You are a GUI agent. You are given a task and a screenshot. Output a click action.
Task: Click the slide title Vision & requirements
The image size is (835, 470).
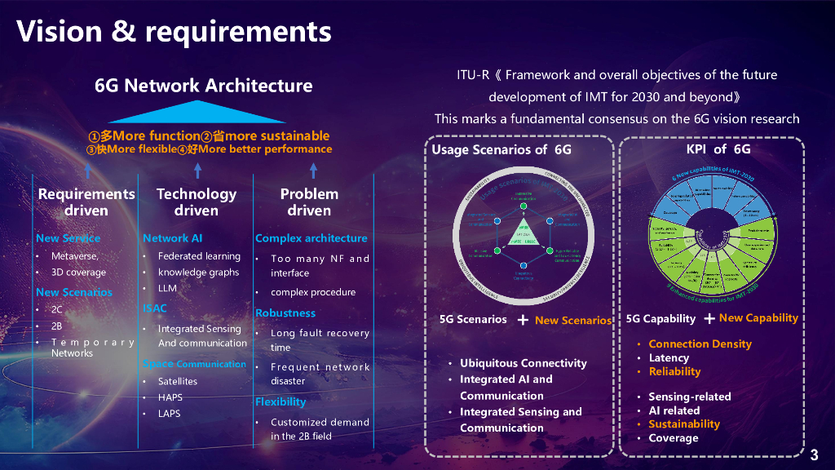(174, 31)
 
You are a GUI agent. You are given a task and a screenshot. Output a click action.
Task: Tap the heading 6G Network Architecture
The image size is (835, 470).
(203, 86)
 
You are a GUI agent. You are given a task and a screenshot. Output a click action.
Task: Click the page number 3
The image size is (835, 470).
(814, 454)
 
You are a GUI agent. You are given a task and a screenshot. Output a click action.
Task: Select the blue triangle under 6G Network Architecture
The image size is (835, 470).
(197, 112)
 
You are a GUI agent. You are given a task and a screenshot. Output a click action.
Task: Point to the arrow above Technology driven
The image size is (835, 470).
(197, 170)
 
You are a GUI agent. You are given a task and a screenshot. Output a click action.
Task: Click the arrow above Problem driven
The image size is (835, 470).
(313, 170)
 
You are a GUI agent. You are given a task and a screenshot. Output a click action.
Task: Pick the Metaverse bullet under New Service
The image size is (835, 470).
(74, 256)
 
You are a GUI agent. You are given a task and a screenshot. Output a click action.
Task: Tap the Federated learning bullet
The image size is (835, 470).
(199, 256)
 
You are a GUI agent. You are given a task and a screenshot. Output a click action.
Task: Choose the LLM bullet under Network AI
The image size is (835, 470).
(167, 288)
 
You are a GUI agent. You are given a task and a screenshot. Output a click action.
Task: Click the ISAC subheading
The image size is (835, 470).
(155, 308)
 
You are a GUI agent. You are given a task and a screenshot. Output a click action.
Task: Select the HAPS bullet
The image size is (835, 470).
(170, 397)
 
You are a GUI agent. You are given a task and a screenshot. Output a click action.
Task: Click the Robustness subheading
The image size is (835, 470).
(285, 313)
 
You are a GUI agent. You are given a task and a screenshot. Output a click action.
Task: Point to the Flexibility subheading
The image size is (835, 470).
(281, 401)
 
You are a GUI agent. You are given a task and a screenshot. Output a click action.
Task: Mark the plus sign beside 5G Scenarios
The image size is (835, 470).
(523, 320)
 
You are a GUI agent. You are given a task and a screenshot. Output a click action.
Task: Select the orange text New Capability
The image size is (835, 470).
(758, 317)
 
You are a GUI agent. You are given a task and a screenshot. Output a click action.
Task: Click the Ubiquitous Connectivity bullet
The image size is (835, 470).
(523, 363)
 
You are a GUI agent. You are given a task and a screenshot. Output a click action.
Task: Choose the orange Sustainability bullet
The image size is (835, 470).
(683, 423)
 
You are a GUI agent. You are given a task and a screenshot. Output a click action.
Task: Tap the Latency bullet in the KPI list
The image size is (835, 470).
(669, 357)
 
